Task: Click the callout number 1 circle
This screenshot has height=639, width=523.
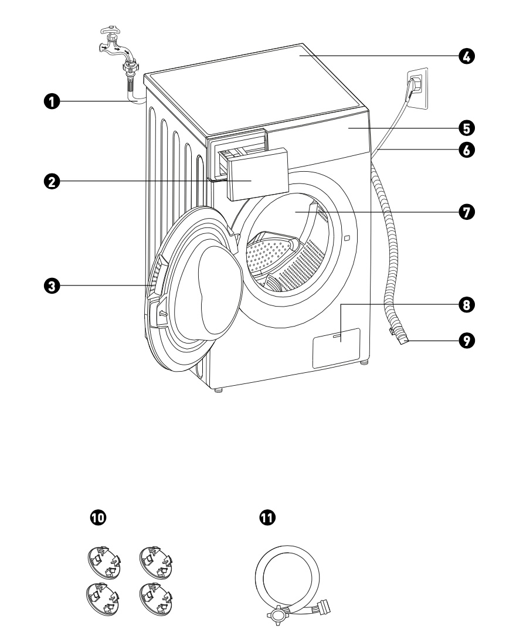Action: point(52,101)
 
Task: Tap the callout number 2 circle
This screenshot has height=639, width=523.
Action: point(52,182)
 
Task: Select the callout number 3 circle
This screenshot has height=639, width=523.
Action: point(52,286)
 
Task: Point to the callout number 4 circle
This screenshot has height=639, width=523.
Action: point(467,56)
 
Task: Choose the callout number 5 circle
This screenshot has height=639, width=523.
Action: point(467,127)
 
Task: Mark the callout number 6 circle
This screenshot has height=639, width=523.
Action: point(467,149)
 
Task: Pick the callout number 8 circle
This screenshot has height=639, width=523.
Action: point(467,305)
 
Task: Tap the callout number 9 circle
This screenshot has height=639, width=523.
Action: point(467,340)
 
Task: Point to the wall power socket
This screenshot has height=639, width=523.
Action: point(417,88)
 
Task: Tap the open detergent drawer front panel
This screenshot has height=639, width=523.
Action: point(258,174)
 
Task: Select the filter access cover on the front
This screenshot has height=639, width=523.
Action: point(336,348)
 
